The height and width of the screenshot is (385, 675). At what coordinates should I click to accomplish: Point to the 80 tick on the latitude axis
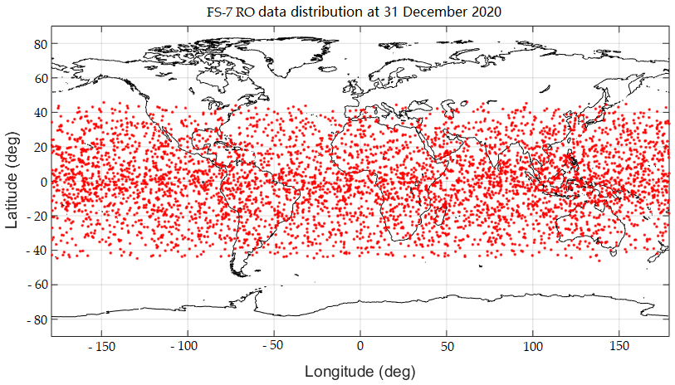[39, 45]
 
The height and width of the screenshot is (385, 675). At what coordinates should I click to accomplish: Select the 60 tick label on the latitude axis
[39, 79]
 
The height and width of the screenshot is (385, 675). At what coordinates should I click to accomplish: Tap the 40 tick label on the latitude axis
[39, 113]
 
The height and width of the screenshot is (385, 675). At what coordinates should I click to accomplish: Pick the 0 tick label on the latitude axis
[42, 182]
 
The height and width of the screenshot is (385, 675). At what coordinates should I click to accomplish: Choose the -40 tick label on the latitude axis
[36, 250]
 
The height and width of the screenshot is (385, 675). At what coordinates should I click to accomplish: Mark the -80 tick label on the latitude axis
[36, 319]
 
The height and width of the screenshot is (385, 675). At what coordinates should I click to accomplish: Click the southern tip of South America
[242, 273]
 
